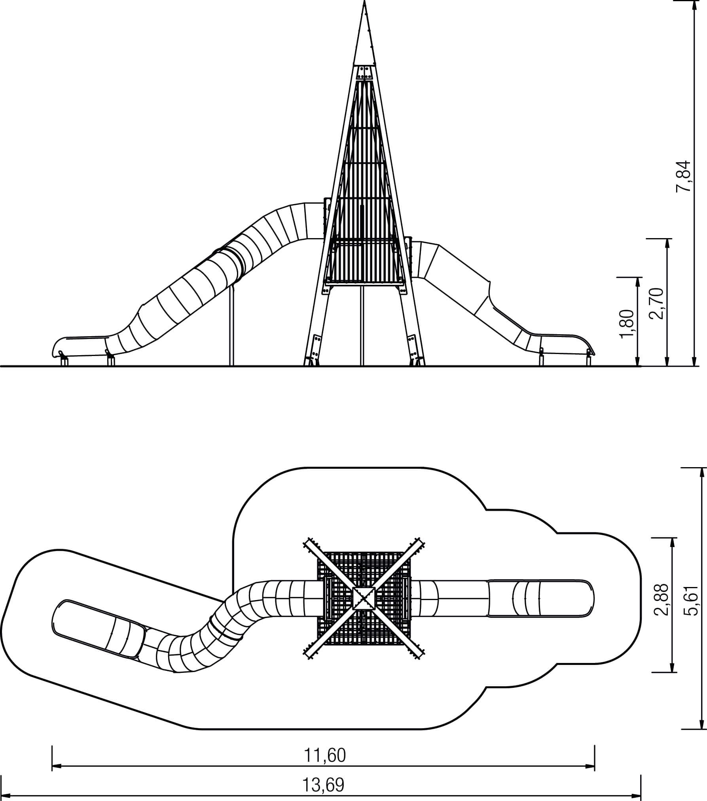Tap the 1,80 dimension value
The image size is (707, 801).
(627, 324)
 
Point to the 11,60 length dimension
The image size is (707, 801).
(325, 755)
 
